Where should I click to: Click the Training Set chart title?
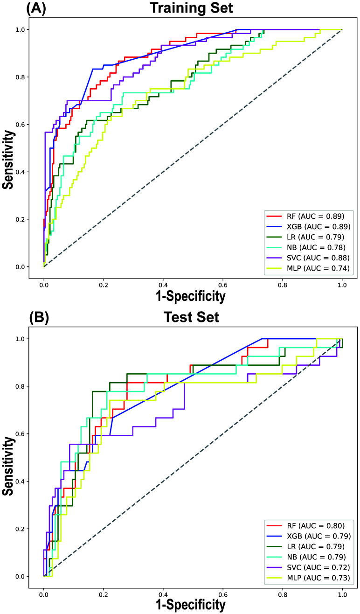193,8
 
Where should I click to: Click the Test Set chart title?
193,317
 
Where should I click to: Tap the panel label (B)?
40,317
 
